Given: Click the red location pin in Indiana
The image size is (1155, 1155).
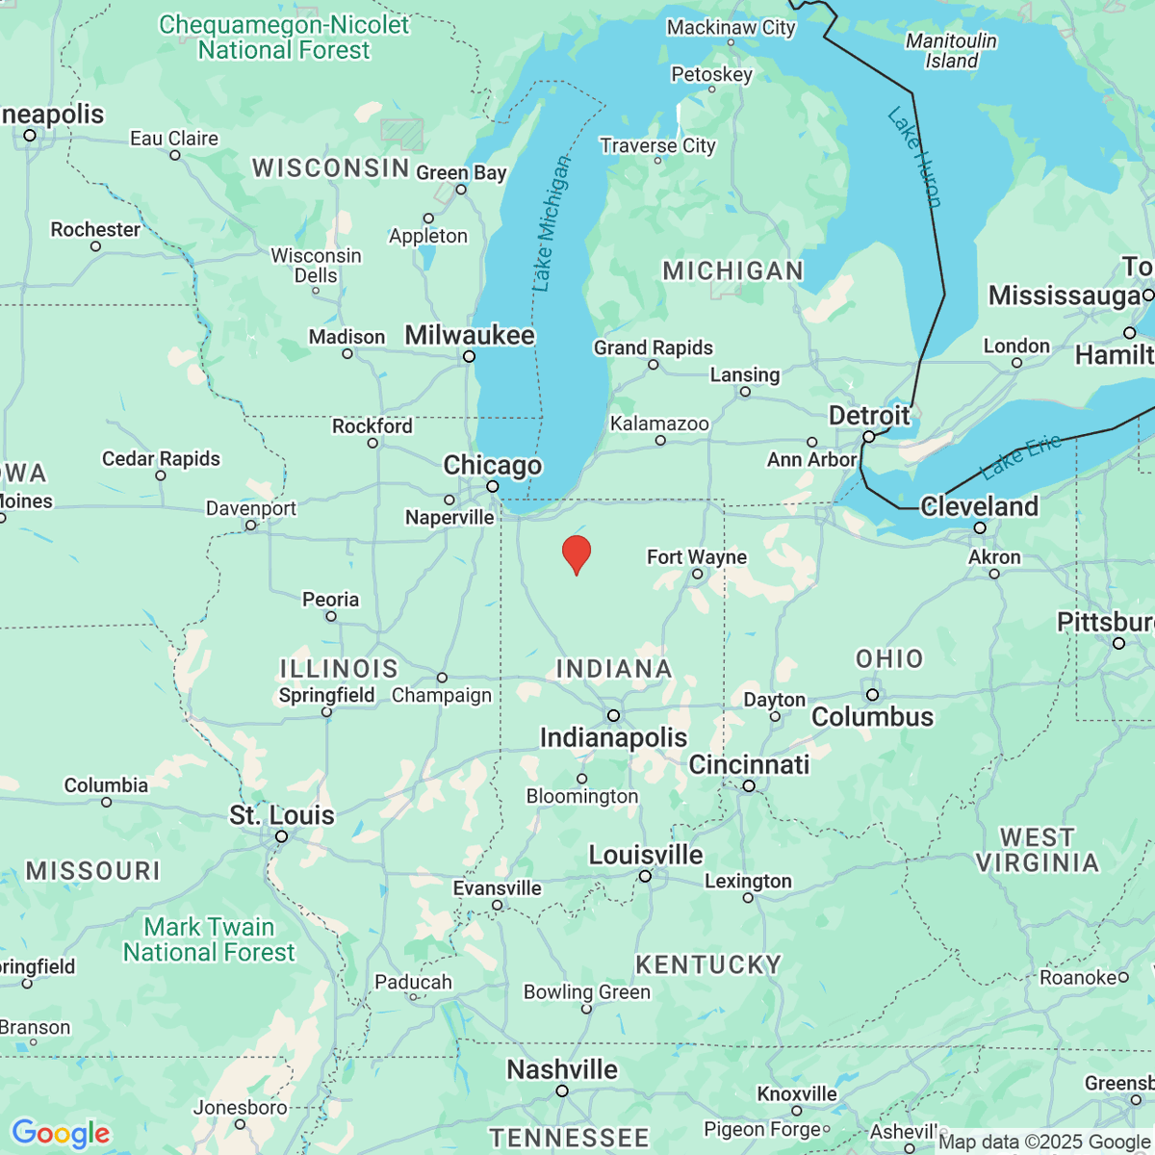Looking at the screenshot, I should point(576,554).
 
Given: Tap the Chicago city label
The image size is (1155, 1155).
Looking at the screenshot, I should point(492,465).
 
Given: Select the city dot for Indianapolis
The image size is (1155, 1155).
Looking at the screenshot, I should point(613,715).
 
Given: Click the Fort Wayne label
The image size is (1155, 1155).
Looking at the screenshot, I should point(696,557).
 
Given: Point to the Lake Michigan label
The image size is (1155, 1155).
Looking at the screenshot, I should point(550,223).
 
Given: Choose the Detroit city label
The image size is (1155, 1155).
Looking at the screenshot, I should point(868,416).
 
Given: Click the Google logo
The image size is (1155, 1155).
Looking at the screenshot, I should point(61,1133).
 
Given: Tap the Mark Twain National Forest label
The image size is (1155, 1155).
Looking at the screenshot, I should point(209,939).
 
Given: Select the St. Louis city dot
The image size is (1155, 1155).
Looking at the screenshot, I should point(281,836).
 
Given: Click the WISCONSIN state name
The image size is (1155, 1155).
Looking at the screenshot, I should point(331,167).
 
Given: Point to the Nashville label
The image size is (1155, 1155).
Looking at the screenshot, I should point(562,1069).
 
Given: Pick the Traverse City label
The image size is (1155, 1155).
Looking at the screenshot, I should point(657,145).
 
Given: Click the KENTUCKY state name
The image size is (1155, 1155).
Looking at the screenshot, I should point(708,964).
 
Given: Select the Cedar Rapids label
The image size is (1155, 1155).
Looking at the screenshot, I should point(161,459).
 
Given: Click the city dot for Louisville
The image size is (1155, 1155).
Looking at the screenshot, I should point(645,876).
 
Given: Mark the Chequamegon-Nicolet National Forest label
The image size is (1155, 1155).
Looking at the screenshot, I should point(284,38).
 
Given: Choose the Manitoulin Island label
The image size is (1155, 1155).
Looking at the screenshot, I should point(951,51).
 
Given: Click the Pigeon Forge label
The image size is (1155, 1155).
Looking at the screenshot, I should point(761,1128).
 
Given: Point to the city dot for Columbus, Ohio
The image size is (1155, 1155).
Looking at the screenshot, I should point(872,695).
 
